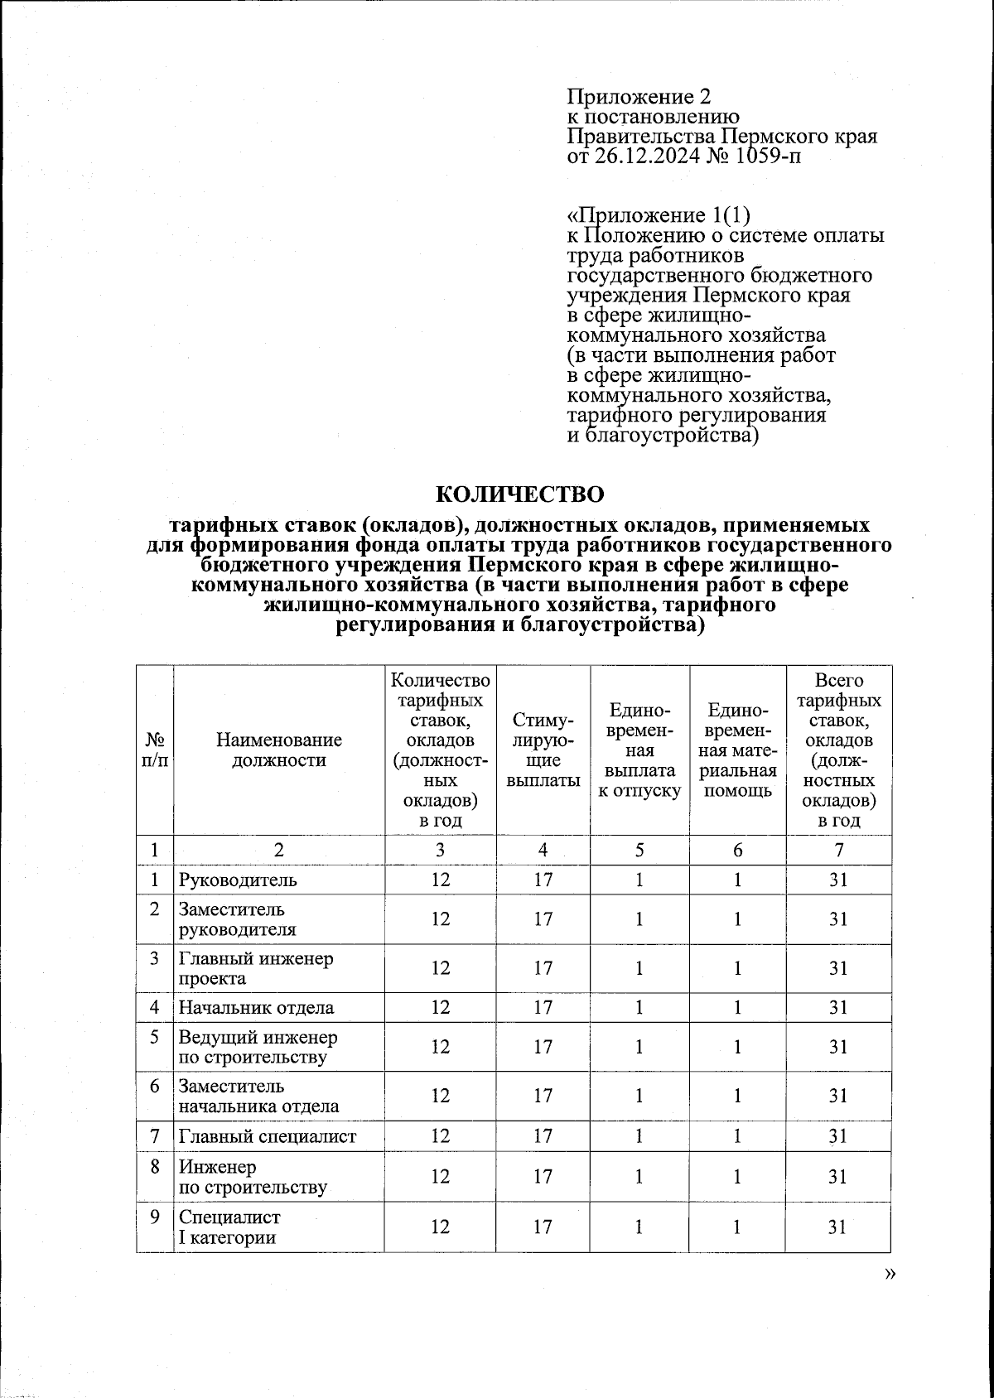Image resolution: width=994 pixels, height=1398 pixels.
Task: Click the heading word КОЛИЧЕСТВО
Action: coord(519,494)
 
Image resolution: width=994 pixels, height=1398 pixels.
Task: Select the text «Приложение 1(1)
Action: coord(659,215)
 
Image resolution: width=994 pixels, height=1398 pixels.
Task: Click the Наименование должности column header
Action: coord(278,750)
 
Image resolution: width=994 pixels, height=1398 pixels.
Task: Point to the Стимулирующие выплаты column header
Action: coord(543,750)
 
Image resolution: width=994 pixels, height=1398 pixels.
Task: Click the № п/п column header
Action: coord(155,750)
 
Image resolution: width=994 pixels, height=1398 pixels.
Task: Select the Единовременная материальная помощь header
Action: coord(737,750)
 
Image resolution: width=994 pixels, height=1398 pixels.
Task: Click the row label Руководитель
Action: coord(237,880)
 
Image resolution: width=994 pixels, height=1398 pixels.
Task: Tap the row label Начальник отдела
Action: coord(256,1008)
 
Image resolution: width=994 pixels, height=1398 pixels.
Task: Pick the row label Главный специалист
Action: coord(267,1136)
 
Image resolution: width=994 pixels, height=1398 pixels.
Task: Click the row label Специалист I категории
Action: coord(229,1227)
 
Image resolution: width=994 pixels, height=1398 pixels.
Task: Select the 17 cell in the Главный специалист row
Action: coord(543,1136)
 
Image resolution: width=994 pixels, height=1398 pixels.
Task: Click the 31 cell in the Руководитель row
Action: coord(838,880)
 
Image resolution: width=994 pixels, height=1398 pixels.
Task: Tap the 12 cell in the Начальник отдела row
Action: coord(440,1008)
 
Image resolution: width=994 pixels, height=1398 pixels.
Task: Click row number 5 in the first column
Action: coord(155,1037)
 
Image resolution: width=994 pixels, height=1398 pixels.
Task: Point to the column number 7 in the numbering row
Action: coord(838,851)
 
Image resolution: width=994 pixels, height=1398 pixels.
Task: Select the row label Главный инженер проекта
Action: coord(255,968)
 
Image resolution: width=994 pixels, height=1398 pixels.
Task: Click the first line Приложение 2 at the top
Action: coord(639,97)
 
